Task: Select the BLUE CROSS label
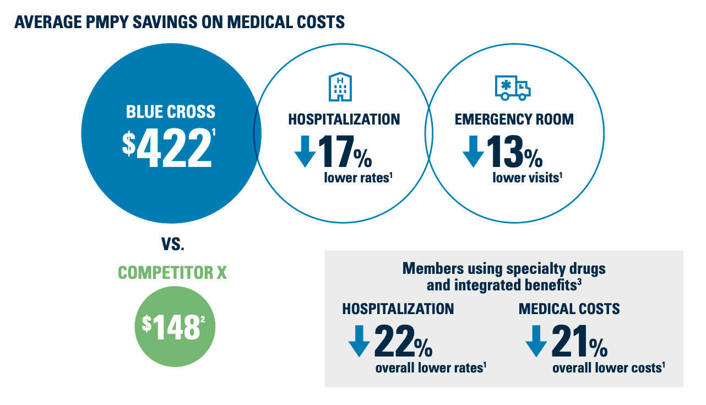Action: click(x=171, y=112)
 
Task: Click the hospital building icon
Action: click(x=340, y=86)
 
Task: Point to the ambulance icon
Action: click(x=512, y=87)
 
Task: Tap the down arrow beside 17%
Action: click(x=305, y=151)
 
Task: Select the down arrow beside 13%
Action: click(x=473, y=151)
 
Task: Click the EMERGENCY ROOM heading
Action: click(x=514, y=120)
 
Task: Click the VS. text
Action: click(x=172, y=245)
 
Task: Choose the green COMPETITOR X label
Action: click(x=172, y=273)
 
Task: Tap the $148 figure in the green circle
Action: click(x=171, y=328)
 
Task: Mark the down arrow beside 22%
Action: click(x=359, y=342)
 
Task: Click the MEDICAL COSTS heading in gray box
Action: click(x=569, y=309)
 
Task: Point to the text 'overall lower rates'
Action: click(x=430, y=368)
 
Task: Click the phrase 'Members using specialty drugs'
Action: click(x=504, y=269)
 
